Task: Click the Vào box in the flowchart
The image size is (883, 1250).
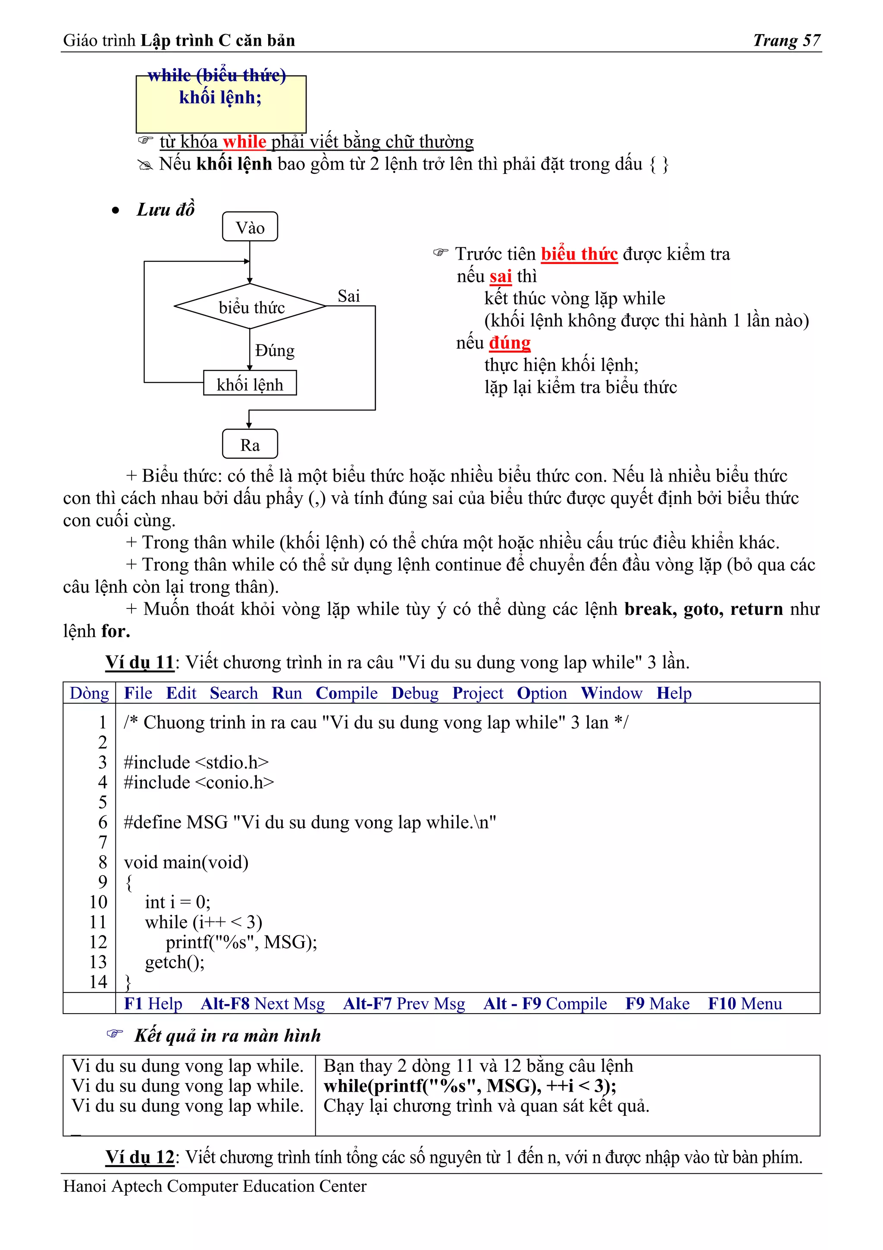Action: (250, 227)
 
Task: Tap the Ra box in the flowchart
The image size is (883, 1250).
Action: (250, 445)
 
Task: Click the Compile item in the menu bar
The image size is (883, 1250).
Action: (347, 693)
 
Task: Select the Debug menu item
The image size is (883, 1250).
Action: (415, 693)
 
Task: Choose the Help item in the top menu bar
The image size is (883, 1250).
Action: (673, 693)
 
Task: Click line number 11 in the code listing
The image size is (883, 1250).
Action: (98, 922)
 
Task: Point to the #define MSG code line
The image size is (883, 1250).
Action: (310, 822)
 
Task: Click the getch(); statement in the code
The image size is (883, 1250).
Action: (175, 963)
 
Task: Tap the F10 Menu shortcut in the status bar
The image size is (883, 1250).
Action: (745, 1003)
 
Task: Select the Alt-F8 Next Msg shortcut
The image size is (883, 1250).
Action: (263, 1003)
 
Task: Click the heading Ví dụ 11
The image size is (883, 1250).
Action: (140, 662)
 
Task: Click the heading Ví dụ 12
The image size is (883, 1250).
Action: (140, 1157)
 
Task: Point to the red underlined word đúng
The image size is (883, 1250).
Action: (509, 343)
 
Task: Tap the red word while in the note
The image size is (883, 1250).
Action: (244, 142)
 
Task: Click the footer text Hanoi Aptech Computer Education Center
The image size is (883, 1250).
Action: (215, 1186)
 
